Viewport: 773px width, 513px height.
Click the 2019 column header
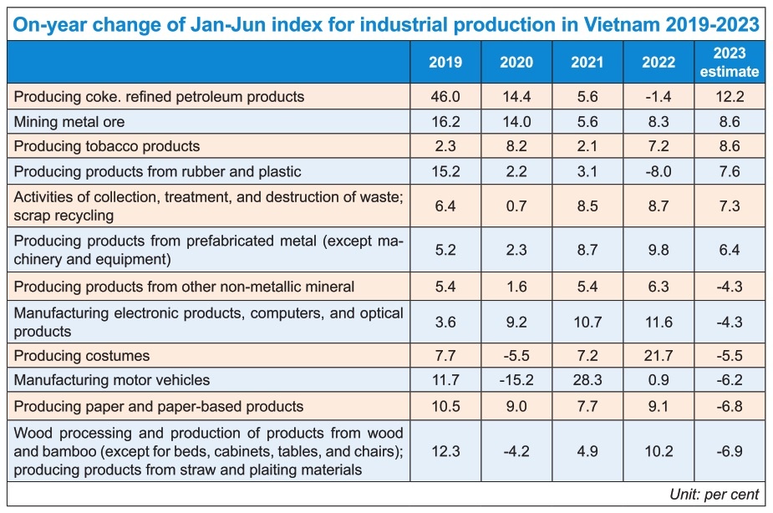click(445, 63)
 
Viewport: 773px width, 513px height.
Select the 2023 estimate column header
click(729, 63)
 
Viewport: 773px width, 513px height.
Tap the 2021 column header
click(587, 63)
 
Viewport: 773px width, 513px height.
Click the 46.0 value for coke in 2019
click(445, 97)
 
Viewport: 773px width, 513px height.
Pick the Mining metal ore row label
click(69, 122)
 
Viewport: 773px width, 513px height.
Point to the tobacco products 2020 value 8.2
click(516, 146)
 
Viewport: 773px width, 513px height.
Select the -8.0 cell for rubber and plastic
click(659, 171)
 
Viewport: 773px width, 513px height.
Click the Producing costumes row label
click(82, 356)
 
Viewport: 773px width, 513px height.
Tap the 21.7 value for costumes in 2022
click(659, 356)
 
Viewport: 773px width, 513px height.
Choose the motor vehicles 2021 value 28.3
click(587, 381)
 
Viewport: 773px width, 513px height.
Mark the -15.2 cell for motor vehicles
click(516, 381)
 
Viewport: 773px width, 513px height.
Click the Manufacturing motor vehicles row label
click(112, 381)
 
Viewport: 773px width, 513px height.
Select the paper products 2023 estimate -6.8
click(729, 406)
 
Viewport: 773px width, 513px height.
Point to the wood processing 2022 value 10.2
click(659, 451)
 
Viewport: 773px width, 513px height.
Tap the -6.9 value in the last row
click(729, 451)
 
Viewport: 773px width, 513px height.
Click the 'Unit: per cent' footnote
click(715, 495)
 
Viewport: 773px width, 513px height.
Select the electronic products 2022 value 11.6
click(659, 323)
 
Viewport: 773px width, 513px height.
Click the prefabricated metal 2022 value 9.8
click(659, 249)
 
